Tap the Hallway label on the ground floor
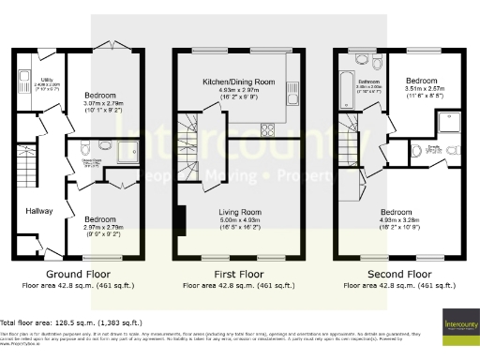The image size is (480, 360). point(39,211)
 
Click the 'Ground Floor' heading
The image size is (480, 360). point(73,274)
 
